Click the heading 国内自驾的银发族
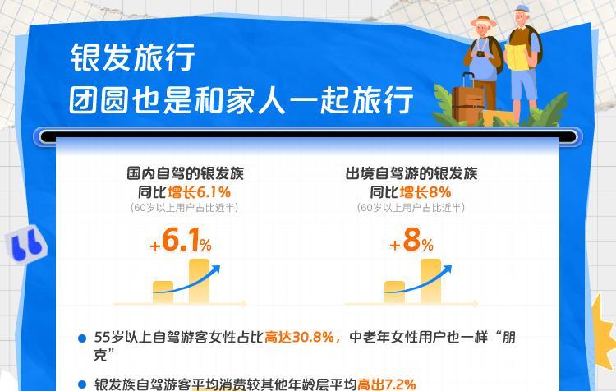click(185, 173)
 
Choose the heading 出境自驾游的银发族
click(411, 173)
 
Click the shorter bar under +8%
click(395, 292)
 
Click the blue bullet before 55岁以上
click(81, 338)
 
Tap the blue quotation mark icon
click(25, 244)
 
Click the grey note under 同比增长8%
click(411, 208)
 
